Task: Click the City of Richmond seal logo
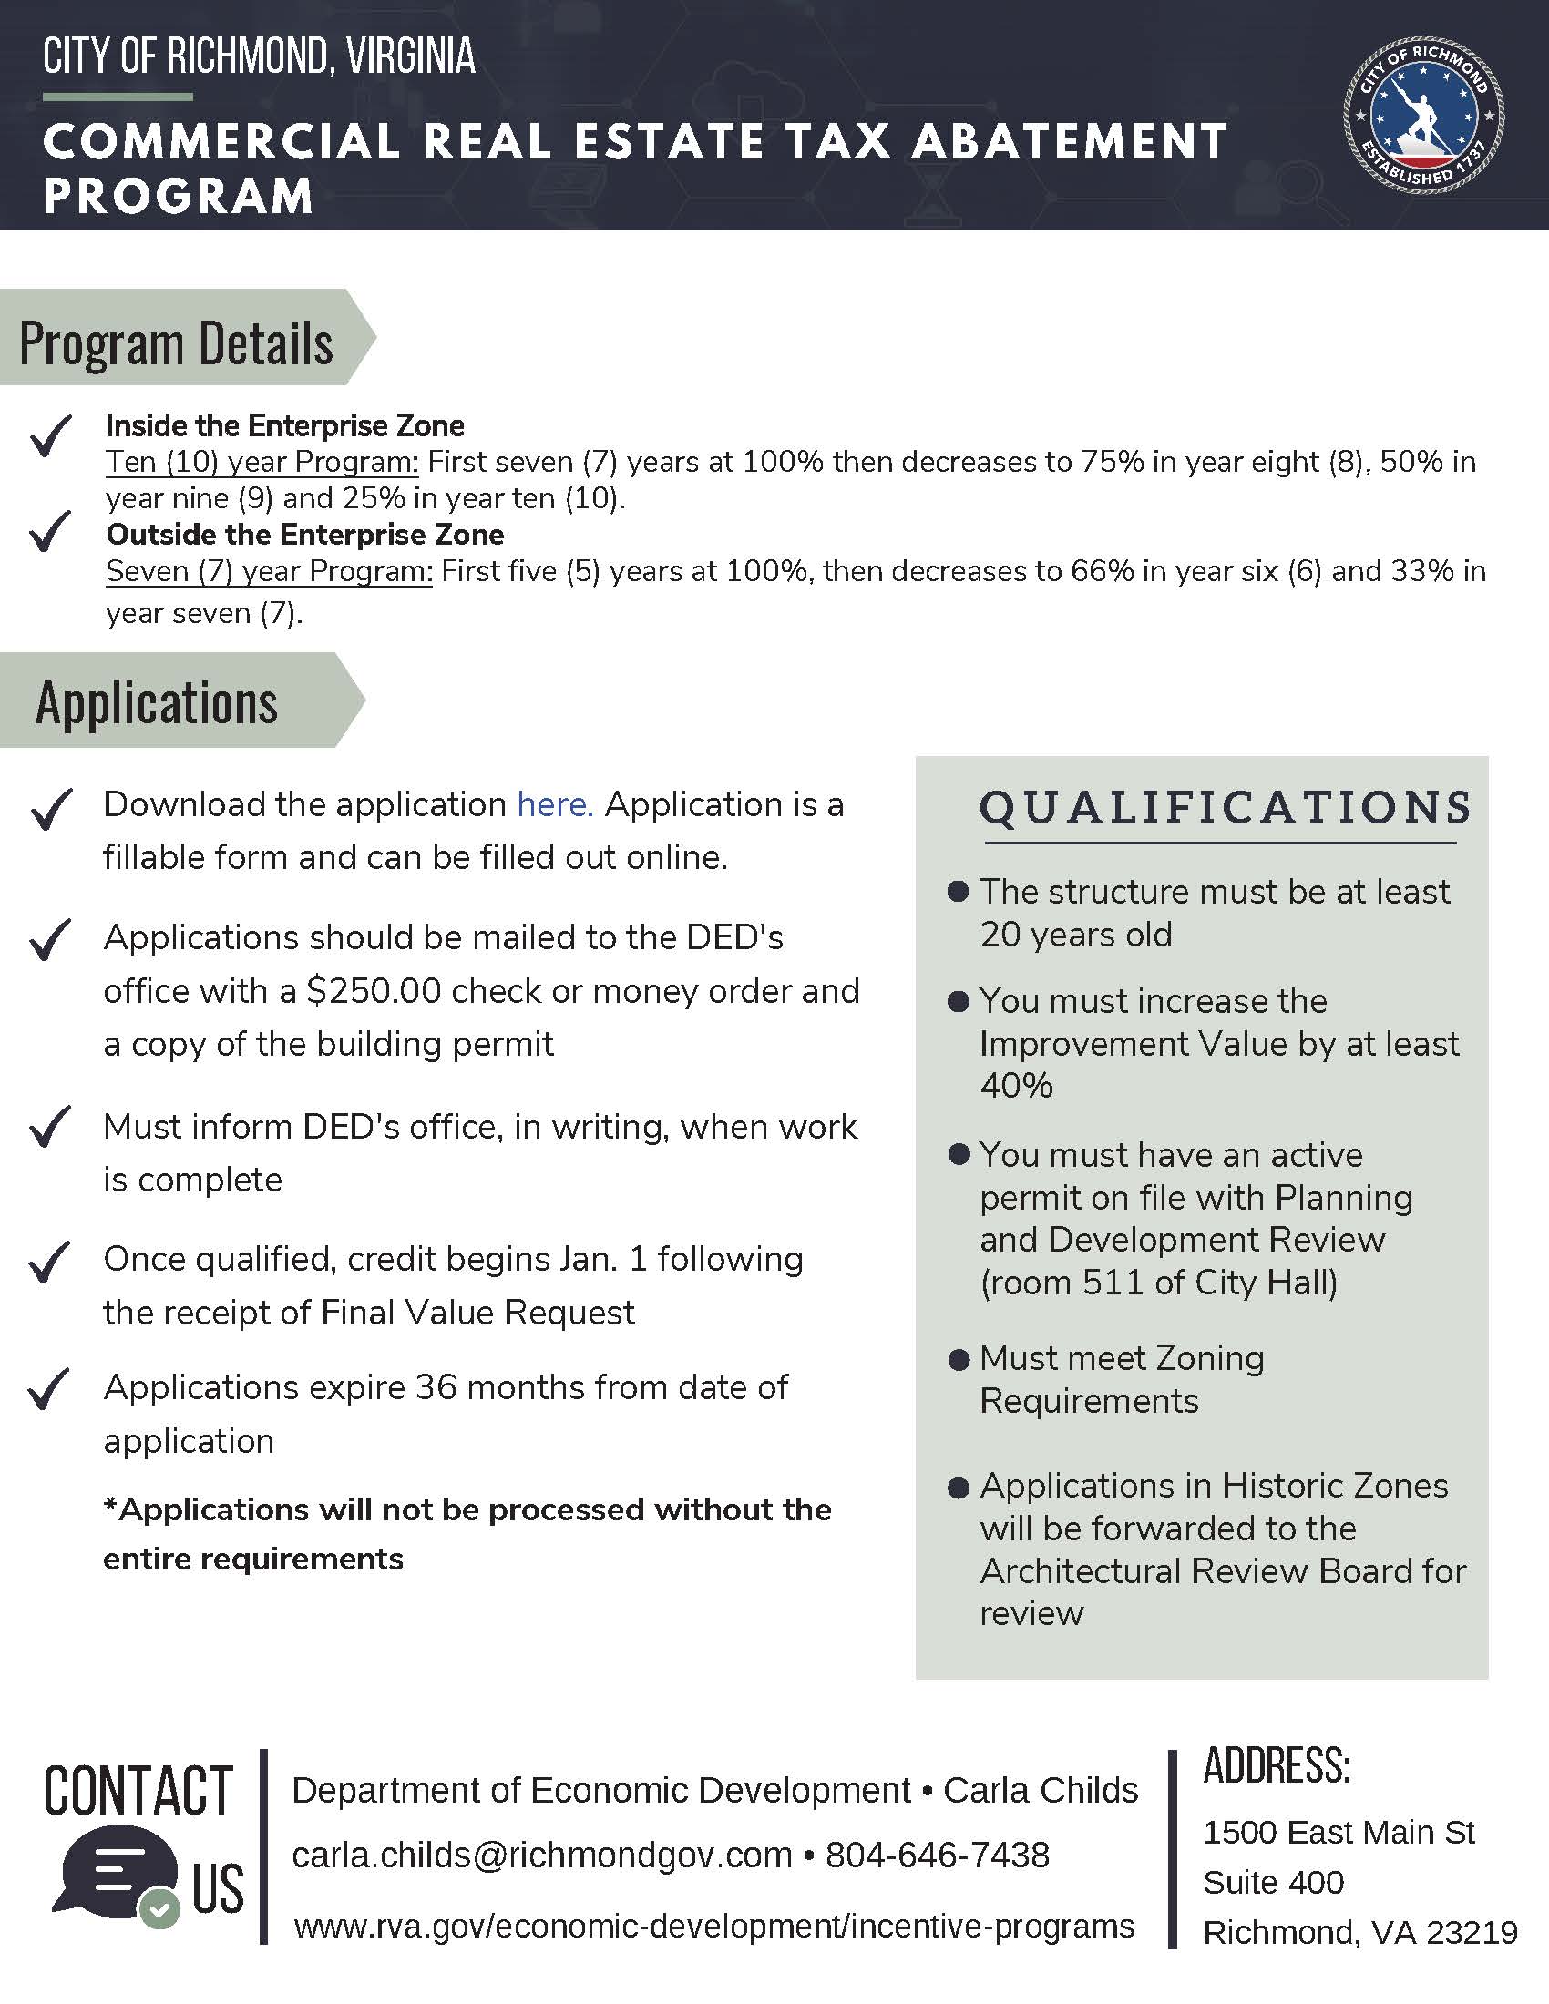[x=1423, y=115]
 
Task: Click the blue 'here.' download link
[x=554, y=804]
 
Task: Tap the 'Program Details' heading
[x=176, y=343]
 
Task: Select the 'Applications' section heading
[x=157, y=703]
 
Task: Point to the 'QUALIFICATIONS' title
[x=1225, y=807]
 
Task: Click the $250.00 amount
[x=374, y=991]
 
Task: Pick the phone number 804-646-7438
[x=937, y=1855]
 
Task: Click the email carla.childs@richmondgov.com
[x=541, y=1855]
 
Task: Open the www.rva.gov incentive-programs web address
[x=714, y=1925]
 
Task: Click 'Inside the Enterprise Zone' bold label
[x=285, y=425]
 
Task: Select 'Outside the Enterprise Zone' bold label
[x=304, y=534]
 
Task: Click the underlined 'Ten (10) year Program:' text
[x=262, y=462]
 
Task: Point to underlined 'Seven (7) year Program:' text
[x=269, y=571]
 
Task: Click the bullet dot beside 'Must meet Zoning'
[x=958, y=1360]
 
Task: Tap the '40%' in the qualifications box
[x=1016, y=1086]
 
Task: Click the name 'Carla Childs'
[x=1040, y=1790]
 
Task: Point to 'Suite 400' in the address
[x=1273, y=1882]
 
